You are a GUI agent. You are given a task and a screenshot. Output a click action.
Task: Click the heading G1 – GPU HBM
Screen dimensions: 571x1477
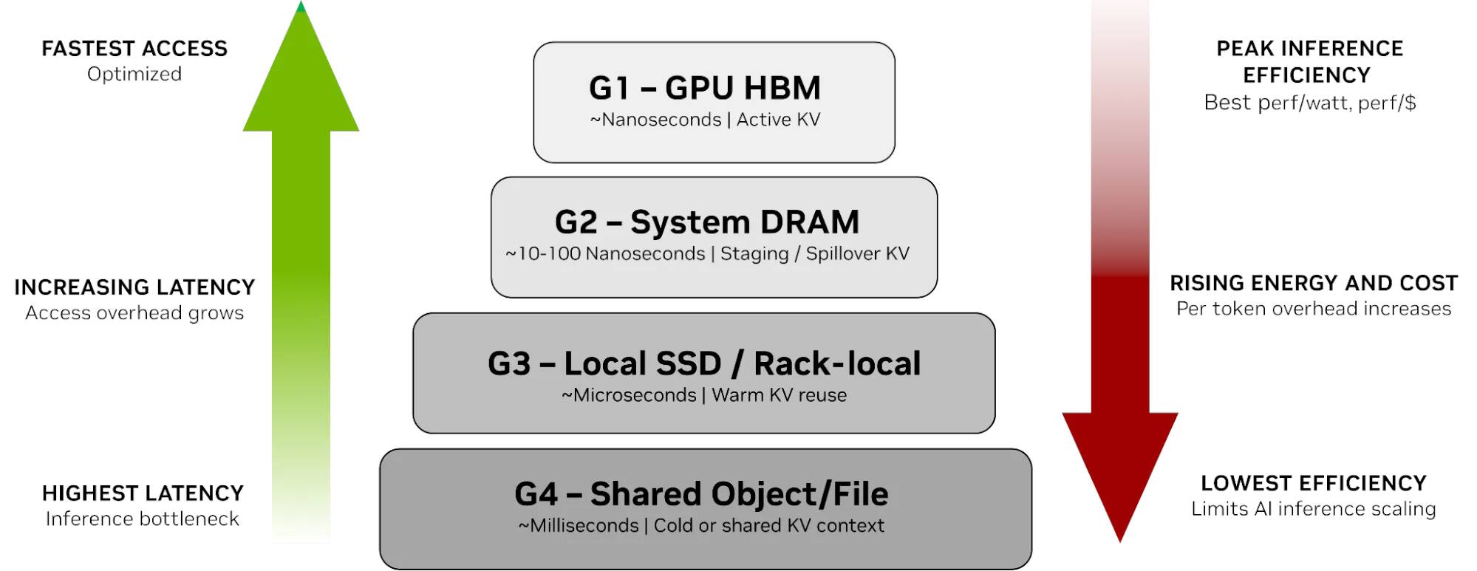tap(705, 88)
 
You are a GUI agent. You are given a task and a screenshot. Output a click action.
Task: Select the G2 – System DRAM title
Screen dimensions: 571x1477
tap(707, 222)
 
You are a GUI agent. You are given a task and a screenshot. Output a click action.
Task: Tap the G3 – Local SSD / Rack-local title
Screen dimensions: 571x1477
tap(704, 363)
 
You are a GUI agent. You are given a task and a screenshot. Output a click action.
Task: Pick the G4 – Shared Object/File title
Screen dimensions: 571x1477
tap(701, 494)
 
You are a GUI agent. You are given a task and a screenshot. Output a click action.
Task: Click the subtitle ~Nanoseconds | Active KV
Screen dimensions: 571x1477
tap(705, 120)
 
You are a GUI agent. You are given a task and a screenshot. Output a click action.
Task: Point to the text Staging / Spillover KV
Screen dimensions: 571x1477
tap(814, 254)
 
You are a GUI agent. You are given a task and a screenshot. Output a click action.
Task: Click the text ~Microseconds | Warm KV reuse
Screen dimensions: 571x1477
tap(704, 395)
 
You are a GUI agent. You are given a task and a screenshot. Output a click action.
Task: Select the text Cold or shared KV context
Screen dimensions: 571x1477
tap(768, 526)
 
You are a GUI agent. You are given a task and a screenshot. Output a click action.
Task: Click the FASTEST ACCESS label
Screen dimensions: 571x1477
tap(134, 49)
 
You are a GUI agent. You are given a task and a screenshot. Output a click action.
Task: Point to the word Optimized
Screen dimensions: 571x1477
tap(134, 74)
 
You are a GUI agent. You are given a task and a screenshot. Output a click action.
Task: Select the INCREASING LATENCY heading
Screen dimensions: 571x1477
tap(134, 287)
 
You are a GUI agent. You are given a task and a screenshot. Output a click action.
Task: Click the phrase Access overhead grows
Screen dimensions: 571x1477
tap(134, 313)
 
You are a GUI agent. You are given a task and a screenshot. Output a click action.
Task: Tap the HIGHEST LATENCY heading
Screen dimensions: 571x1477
tap(143, 493)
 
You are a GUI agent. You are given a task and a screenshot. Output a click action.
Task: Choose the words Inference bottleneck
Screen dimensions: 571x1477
tap(143, 519)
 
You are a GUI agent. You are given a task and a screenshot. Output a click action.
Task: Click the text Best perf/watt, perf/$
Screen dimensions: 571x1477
tap(1309, 103)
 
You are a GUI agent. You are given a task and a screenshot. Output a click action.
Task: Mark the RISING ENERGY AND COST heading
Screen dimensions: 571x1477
tap(1313, 283)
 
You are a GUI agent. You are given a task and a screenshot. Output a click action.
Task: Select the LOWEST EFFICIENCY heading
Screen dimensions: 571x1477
tap(1313, 483)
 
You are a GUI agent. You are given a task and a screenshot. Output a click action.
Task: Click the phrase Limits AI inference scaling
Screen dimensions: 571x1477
tap(1313, 509)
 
